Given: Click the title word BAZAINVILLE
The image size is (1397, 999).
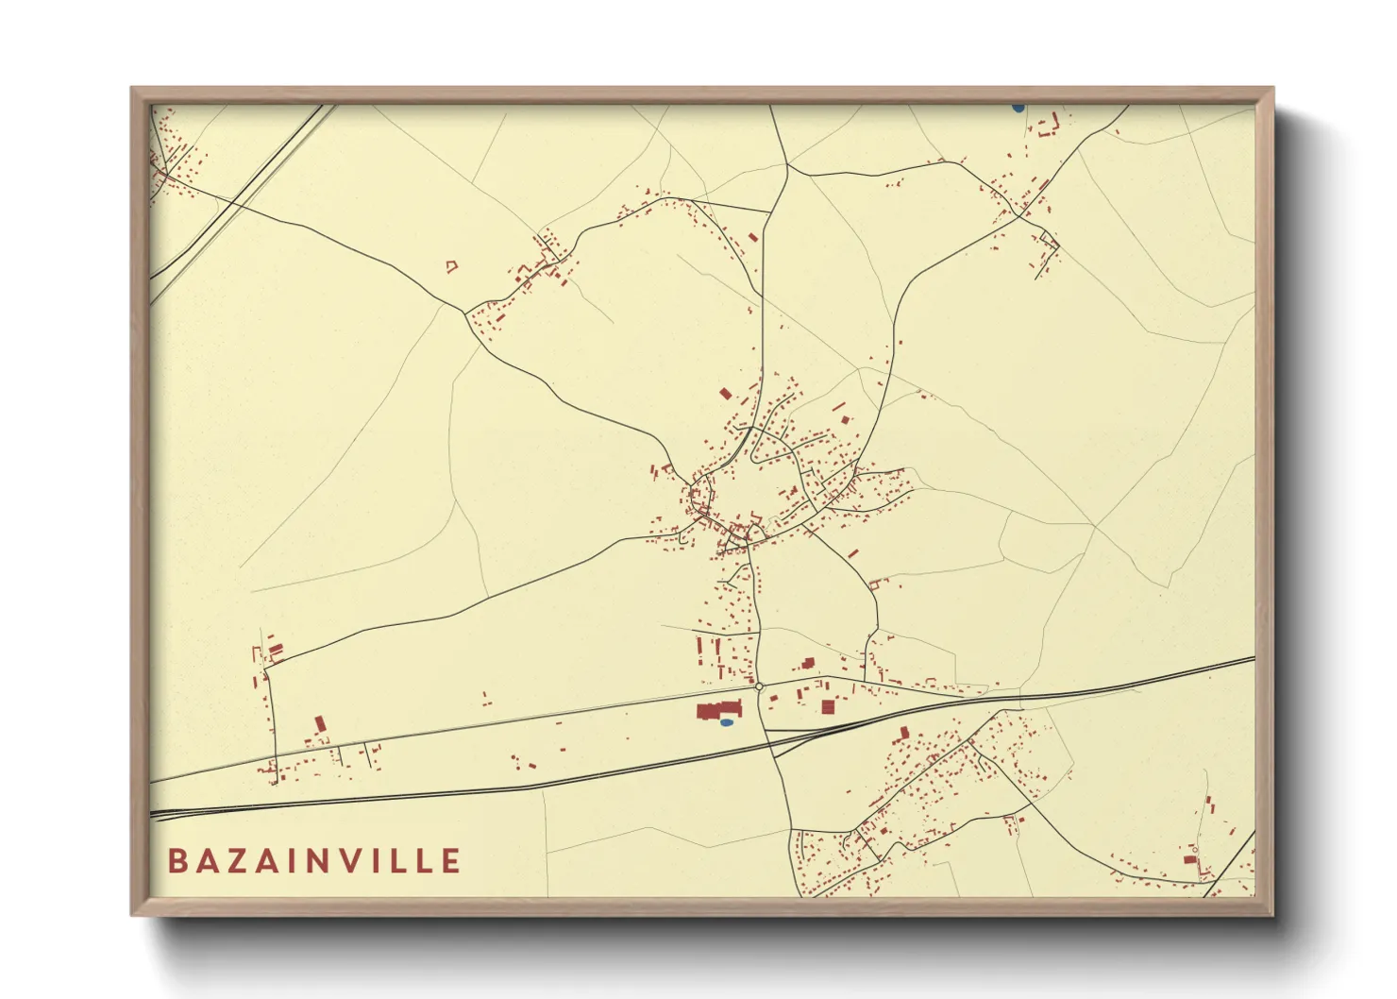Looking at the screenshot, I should (314, 860).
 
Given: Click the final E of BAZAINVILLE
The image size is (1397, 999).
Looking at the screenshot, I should (450, 860).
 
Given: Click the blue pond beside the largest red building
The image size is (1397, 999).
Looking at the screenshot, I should (726, 722).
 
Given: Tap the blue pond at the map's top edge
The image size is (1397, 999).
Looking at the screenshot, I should (1018, 108).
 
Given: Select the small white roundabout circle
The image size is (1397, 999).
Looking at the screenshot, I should (759, 686).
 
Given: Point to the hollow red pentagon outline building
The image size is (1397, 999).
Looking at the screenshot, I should (451, 267).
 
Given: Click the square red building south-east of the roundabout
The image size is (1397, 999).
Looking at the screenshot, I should (828, 706).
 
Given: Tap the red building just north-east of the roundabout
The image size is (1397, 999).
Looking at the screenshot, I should (807, 664).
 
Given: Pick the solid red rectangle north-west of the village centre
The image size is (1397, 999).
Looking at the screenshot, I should (725, 393).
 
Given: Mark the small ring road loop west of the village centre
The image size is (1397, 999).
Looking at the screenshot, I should (699, 494).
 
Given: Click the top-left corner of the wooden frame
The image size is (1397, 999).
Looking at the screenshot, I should (132, 89).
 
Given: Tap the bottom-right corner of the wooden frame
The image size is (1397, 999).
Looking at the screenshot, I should (1272, 914).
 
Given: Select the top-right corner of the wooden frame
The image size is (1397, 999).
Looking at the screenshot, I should (1272, 89).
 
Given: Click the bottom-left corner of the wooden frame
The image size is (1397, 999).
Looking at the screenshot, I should (132, 914).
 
